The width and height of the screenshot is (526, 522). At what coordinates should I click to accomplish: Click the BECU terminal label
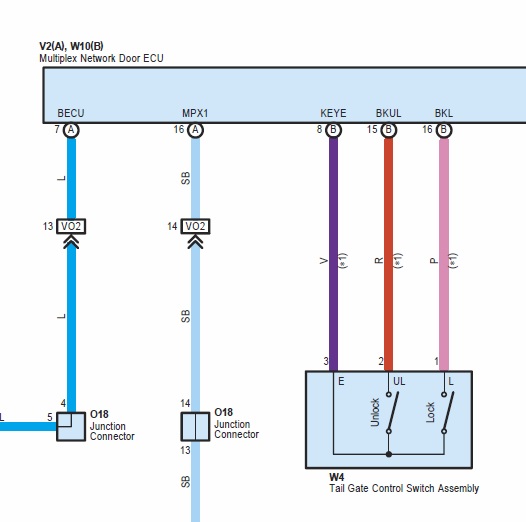click(x=71, y=113)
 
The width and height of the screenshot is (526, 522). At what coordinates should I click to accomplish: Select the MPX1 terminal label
click(x=195, y=113)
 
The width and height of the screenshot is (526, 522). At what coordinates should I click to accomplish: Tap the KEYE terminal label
click(x=333, y=113)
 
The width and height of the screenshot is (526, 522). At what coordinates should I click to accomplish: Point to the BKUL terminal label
click(x=388, y=113)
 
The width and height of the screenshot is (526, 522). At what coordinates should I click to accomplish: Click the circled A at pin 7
click(x=71, y=130)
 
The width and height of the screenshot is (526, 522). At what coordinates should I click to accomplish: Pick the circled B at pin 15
click(x=388, y=130)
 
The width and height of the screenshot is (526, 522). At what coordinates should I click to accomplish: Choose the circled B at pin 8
click(x=333, y=130)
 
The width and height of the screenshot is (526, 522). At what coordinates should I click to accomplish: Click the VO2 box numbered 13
click(x=71, y=226)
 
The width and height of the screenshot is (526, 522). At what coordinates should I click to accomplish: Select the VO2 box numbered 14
click(x=196, y=226)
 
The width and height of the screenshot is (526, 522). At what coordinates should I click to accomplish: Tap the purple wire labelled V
click(x=333, y=255)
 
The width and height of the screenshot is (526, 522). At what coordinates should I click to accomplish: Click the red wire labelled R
click(x=388, y=255)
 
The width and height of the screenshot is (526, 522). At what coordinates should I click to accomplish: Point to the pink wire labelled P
click(x=444, y=255)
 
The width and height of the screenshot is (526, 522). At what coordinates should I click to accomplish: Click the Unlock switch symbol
click(x=392, y=413)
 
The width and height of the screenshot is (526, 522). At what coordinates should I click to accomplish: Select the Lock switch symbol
click(x=448, y=413)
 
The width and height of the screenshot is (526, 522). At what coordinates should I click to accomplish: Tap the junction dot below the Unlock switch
click(x=389, y=455)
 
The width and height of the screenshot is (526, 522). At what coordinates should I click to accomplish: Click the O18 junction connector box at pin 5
click(x=71, y=426)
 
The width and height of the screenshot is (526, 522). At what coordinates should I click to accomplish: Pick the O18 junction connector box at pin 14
click(x=196, y=426)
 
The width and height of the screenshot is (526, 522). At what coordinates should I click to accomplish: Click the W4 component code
click(x=336, y=477)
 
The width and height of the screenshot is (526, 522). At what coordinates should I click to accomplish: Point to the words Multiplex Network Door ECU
click(x=101, y=58)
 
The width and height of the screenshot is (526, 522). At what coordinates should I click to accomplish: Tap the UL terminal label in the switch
click(x=399, y=381)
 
